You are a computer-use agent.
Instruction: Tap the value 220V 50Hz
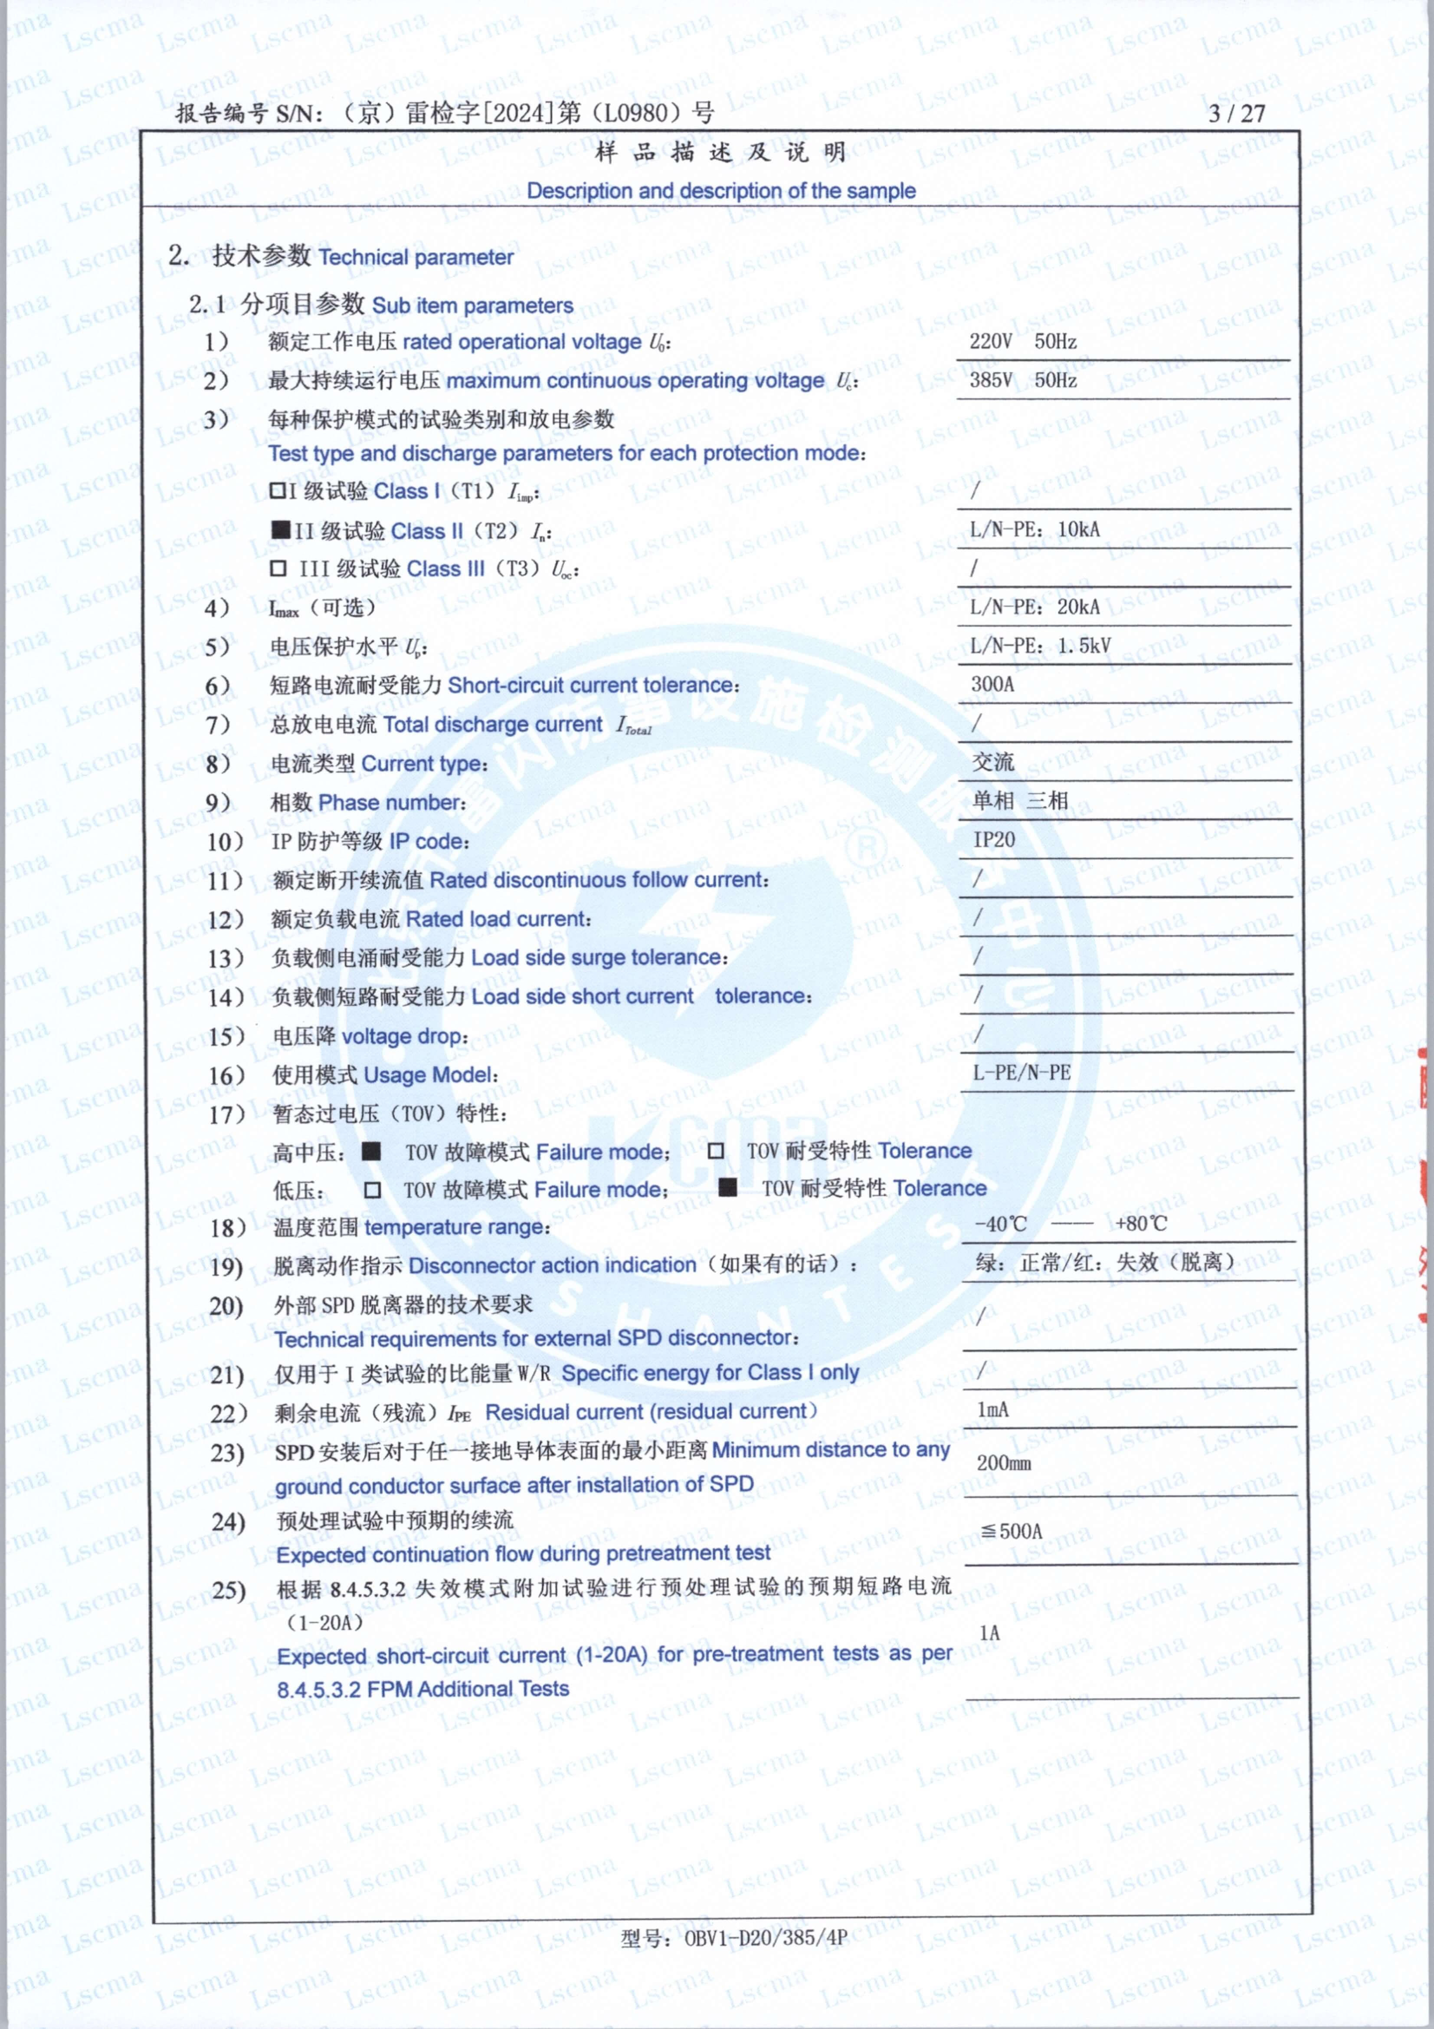click(x=1022, y=341)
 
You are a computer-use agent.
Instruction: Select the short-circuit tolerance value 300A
click(x=992, y=684)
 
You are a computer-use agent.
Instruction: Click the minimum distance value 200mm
click(x=1004, y=1464)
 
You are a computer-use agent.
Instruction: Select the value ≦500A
click(x=1012, y=1531)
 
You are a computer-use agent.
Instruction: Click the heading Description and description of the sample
click(x=721, y=191)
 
